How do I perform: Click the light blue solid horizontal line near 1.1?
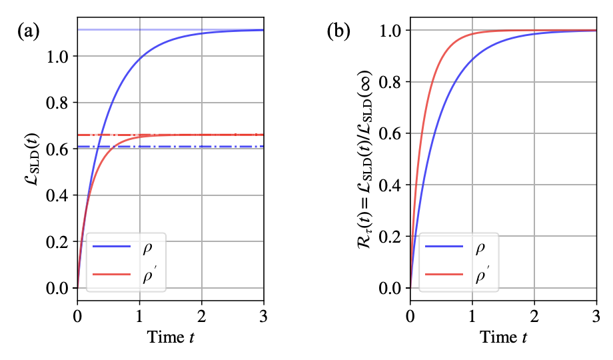click(x=107, y=30)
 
